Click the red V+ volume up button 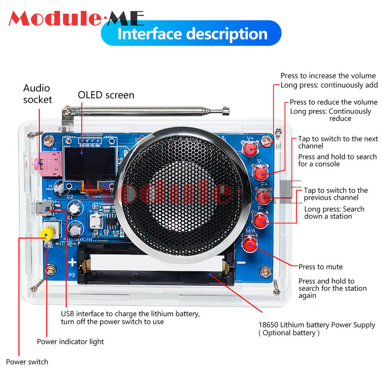[250, 149]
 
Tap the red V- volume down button [260, 173]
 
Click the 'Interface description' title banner [191, 33]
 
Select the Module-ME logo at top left [76, 18]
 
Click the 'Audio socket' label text [37, 94]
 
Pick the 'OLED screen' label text [106, 95]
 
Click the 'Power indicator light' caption [70, 341]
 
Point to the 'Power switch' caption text [27, 362]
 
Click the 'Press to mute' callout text [320, 267]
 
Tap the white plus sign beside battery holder [72, 262]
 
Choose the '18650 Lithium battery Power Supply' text [317, 325]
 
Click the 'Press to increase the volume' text [328, 76]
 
